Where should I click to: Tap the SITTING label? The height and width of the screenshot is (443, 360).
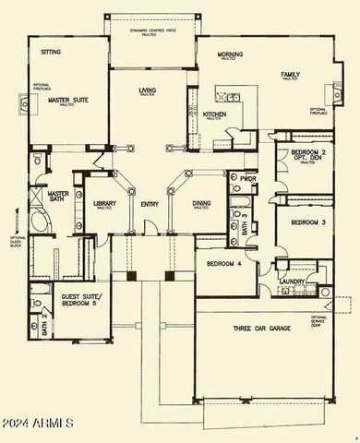point(51,53)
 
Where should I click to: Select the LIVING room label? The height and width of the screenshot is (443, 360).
point(148,90)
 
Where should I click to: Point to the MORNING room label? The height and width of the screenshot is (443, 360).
point(230,55)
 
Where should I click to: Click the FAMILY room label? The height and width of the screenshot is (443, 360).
point(294,74)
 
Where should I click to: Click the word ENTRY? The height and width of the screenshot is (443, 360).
point(150,205)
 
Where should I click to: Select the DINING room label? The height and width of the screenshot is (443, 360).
point(203,204)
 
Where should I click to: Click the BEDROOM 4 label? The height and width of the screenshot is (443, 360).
point(225,264)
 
